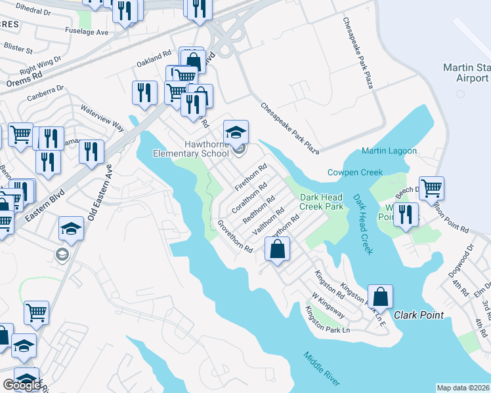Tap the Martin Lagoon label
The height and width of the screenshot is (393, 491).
click(x=389, y=151)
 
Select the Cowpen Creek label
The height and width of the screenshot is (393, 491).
click(x=354, y=172)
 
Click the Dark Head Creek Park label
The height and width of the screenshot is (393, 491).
click(x=322, y=201)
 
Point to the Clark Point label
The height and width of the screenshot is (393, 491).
click(x=419, y=315)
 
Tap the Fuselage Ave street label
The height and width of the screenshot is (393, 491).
click(x=87, y=32)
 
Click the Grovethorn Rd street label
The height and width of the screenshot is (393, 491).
click(x=235, y=236)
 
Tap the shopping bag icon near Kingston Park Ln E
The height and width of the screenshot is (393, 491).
click(x=380, y=297)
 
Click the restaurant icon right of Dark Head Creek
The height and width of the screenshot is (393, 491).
click(x=406, y=214)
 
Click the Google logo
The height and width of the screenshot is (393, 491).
click(x=22, y=386)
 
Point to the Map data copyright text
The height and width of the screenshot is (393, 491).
click(x=463, y=388)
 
